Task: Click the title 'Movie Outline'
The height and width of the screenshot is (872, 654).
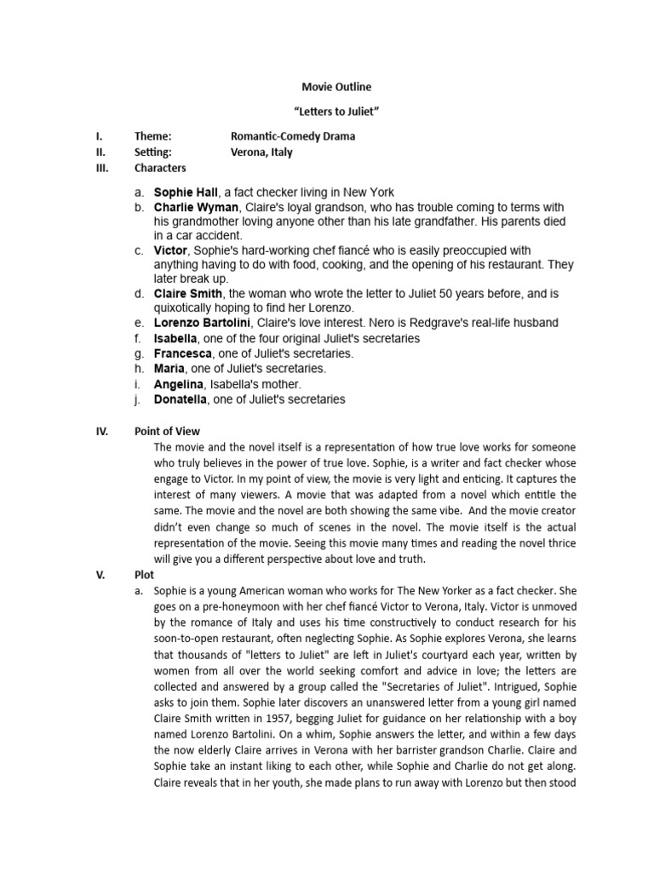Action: pos(336,87)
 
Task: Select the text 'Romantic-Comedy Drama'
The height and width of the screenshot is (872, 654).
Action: pos(293,136)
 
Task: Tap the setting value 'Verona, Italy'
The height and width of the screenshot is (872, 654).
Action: pos(261,152)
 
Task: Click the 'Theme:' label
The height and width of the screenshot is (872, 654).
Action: pos(153,136)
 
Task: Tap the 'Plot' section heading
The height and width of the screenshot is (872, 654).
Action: pos(144,575)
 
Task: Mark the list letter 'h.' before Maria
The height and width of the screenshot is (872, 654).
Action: pos(139,369)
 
